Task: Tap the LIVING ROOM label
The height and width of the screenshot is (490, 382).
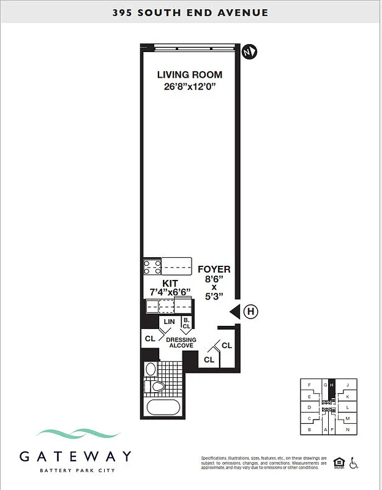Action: [x=189, y=75]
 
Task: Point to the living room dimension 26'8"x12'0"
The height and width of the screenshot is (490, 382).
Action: [x=189, y=87]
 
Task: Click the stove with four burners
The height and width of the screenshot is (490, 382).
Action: [x=152, y=267]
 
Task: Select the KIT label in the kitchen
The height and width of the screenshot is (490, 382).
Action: [x=170, y=284]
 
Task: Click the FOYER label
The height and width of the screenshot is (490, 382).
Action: [x=214, y=269]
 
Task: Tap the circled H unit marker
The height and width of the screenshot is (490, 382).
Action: [x=250, y=312]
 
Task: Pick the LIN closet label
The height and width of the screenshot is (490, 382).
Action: [x=170, y=322]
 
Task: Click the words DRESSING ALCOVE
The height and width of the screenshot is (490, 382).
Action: [x=181, y=343]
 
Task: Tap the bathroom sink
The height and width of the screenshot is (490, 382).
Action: [x=151, y=369]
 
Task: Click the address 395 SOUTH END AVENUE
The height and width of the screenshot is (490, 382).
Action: [x=190, y=13]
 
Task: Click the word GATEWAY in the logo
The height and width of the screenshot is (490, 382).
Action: [x=75, y=456]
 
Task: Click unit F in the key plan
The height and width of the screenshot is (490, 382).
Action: [x=310, y=385]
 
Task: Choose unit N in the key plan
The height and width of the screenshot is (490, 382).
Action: [x=348, y=429]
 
